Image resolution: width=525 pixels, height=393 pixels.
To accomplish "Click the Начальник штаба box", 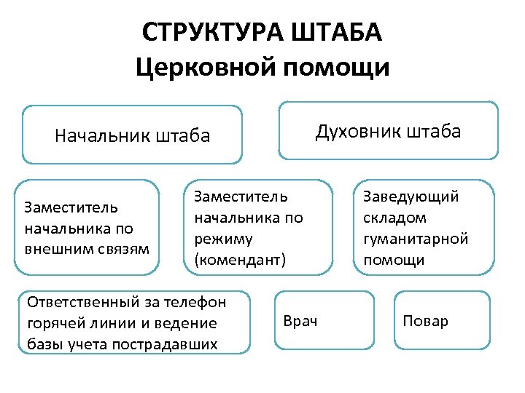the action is [x=132, y=135].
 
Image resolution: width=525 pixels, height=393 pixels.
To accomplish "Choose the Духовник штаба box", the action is [x=389, y=130].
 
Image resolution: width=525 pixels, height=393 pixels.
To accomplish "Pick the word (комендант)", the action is [x=241, y=259].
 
